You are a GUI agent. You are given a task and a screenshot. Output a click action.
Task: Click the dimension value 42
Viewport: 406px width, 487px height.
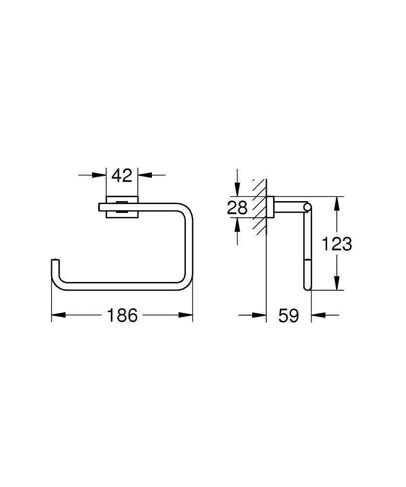coord(122,175)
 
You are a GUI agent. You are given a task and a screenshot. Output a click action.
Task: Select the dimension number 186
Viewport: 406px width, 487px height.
coord(122,316)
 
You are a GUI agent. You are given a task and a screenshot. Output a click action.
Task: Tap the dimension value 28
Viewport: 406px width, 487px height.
coord(237,207)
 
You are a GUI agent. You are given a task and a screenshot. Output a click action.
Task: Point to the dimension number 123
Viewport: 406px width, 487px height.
coord(336,243)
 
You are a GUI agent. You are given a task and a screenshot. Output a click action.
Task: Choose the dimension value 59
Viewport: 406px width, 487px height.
coord(288,316)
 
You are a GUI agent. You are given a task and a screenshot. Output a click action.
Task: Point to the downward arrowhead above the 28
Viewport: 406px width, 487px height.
coord(237,191)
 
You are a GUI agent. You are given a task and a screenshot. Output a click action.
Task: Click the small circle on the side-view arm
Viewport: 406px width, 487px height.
coord(307,208)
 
